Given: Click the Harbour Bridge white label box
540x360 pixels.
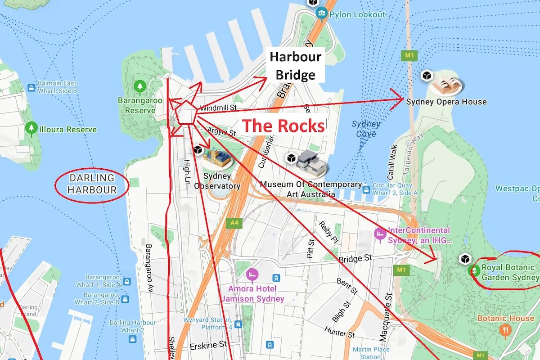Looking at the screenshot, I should pyautogui.click(x=295, y=65).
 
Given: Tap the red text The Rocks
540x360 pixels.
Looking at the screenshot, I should pyautogui.click(x=283, y=126).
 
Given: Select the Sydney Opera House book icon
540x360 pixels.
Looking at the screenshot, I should pyautogui.click(x=447, y=85).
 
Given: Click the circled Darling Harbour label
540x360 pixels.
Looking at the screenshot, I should pyautogui.click(x=92, y=184).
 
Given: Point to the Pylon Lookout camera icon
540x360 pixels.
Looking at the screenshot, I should pyautogui.click(x=322, y=13).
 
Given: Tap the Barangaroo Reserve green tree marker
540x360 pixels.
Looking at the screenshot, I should pyautogui.click(x=140, y=85).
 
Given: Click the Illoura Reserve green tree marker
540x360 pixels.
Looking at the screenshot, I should pyautogui.click(x=31, y=129).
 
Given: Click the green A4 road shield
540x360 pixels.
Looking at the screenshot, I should pyautogui.click(x=234, y=222).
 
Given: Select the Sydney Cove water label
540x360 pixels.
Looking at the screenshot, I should pyautogui.click(x=366, y=129).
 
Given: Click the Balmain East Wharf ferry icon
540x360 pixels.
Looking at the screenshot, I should pyautogui.click(x=31, y=87).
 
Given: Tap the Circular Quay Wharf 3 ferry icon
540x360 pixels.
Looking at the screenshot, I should pyautogui.click(x=366, y=189).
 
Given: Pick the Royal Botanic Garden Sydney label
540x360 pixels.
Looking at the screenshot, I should pyautogui.click(x=509, y=272).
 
